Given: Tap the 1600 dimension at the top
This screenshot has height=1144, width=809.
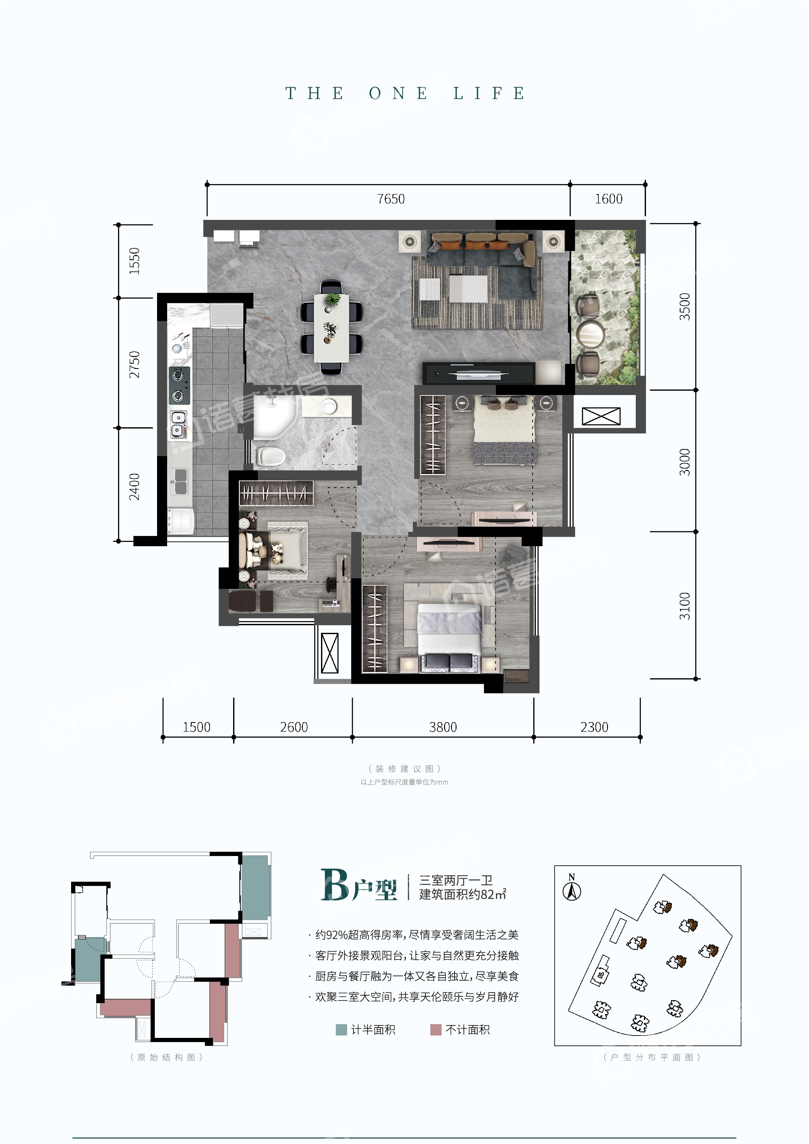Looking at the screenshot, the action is (608, 199).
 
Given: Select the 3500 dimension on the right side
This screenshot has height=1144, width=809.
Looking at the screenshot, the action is (685, 306).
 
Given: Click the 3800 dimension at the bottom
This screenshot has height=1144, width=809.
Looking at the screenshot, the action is (443, 727).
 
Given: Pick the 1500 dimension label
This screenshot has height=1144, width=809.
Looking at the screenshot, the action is (196, 727).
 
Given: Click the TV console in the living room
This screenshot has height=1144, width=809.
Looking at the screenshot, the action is (478, 373).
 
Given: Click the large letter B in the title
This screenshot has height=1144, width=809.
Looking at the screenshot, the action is (335, 884).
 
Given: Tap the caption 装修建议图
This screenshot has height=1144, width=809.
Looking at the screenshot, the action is (405, 769).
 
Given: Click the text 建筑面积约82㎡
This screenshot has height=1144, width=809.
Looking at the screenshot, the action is (463, 894).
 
